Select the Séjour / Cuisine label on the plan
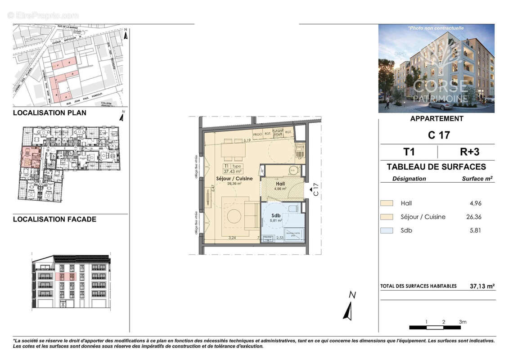[234, 179]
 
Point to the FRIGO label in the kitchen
[257, 134]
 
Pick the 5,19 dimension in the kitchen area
[246, 141]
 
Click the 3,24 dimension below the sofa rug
[232, 238]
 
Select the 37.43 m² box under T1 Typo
[233, 171]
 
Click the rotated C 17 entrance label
[315, 189]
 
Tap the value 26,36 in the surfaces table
[474, 217]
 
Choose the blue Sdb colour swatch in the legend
[387, 230]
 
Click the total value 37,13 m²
[482, 286]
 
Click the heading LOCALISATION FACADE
[54, 219]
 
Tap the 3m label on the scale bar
[463, 322]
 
